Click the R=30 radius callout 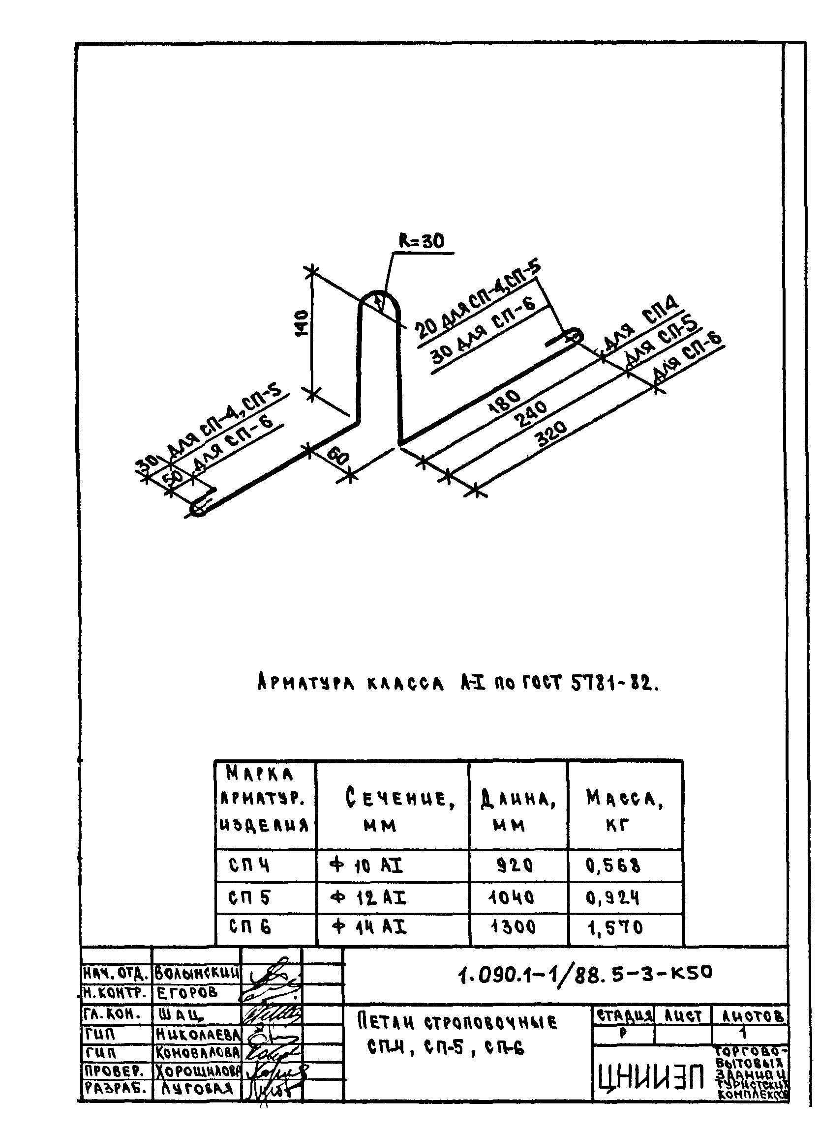point(422,242)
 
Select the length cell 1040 point(511,897)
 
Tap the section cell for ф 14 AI point(368,927)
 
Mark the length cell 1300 point(513,927)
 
